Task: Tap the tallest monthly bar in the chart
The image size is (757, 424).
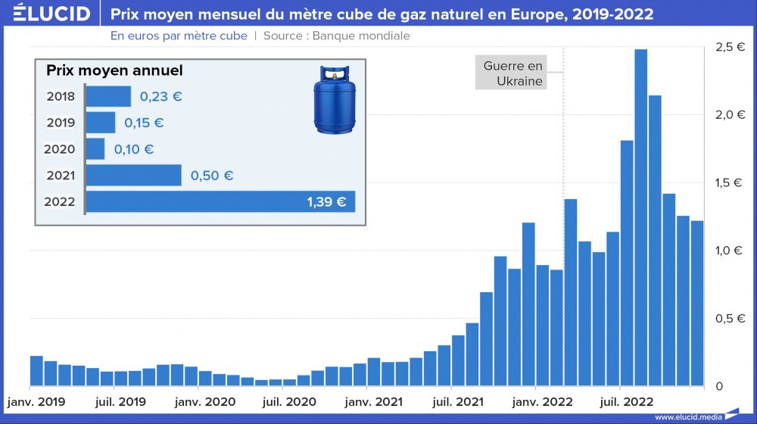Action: (x=640, y=220)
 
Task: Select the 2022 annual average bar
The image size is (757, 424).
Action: (x=220, y=201)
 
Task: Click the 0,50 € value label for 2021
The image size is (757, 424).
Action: (x=211, y=176)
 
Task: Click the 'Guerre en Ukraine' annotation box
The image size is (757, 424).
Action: (x=513, y=73)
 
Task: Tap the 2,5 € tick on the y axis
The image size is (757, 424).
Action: (x=730, y=47)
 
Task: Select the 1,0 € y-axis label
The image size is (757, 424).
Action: (x=730, y=251)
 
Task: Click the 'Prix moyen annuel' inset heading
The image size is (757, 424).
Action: (x=114, y=70)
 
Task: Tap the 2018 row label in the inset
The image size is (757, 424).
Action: (x=61, y=96)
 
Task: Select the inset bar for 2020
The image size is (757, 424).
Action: (x=95, y=149)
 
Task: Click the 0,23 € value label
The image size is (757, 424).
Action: (x=161, y=97)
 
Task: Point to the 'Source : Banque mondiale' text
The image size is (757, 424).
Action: (x=337, y=36)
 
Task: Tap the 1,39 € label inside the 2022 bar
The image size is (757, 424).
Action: (x=326, y=202)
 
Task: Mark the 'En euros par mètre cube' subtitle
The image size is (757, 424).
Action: (x=179, y=36)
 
